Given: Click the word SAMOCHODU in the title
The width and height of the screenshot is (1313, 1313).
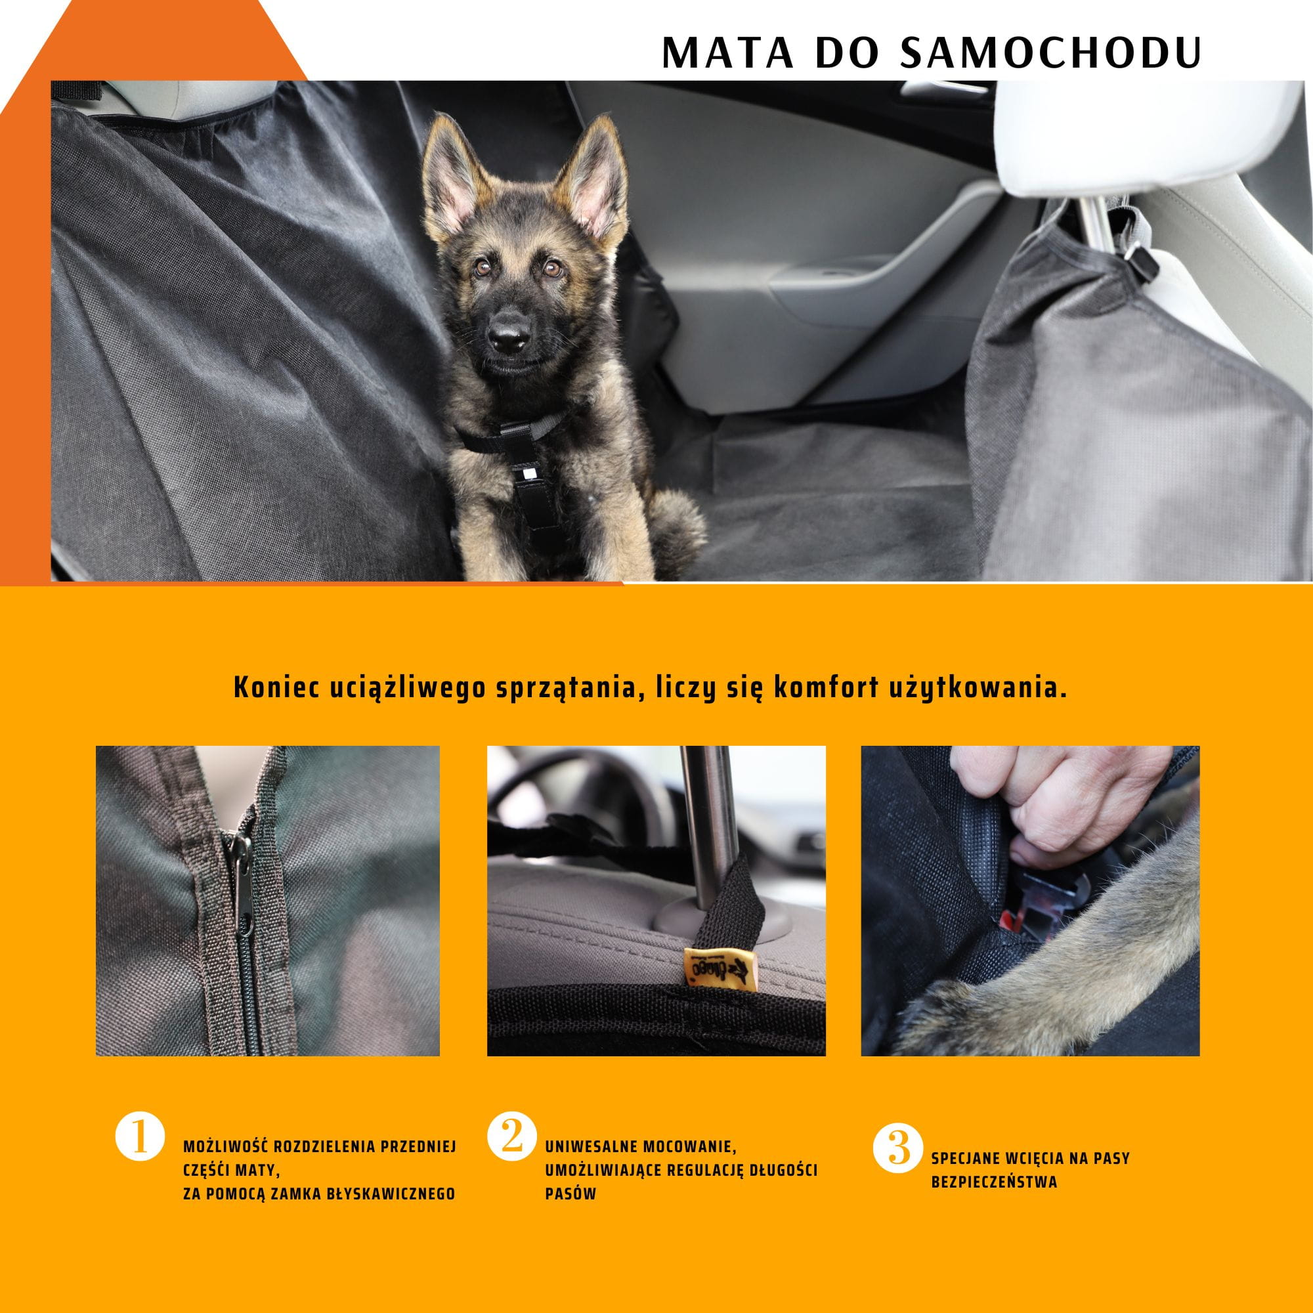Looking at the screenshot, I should (1050, 53).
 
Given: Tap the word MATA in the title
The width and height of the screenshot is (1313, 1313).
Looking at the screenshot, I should (727, 53).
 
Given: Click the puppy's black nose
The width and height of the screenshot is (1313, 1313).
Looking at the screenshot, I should (509, 334).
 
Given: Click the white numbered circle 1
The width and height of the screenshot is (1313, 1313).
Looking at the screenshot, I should (139, 1136).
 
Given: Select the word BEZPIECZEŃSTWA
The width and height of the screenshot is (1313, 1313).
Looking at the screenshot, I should (993, 1182).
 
